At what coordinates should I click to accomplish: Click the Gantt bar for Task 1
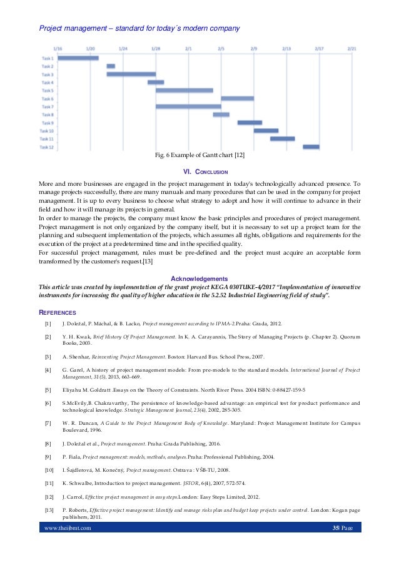(x=78, y=58)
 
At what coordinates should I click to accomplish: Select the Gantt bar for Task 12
(x=311, y=147)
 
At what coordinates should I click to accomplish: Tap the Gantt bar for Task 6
(x=237, y=98)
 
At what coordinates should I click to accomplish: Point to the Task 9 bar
(x=250, y=123)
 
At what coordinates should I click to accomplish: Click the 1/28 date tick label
(x=156, y=48)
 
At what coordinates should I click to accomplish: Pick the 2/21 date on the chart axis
(x=352, y=48)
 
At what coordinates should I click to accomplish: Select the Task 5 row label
(x=48, y=90)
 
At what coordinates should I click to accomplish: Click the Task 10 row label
(x=47, y=131)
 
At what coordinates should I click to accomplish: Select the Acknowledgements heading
(x=199, y=278)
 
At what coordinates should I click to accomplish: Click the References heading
(x=58, y=312)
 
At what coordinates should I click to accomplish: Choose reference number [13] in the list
(x=49, y=511)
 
